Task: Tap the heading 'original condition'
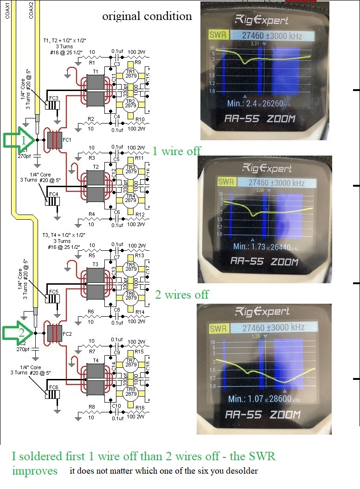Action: click(x=147, y=16)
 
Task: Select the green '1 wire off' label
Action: click(x=176, y=150)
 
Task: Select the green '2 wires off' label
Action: click(x=182, y=294)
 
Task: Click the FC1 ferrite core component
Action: click(x=55, y=140)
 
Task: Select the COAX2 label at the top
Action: click(x=31, y=9)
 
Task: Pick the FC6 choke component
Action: click(x=51, y=393)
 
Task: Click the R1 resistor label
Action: click(x=92, y=62)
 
